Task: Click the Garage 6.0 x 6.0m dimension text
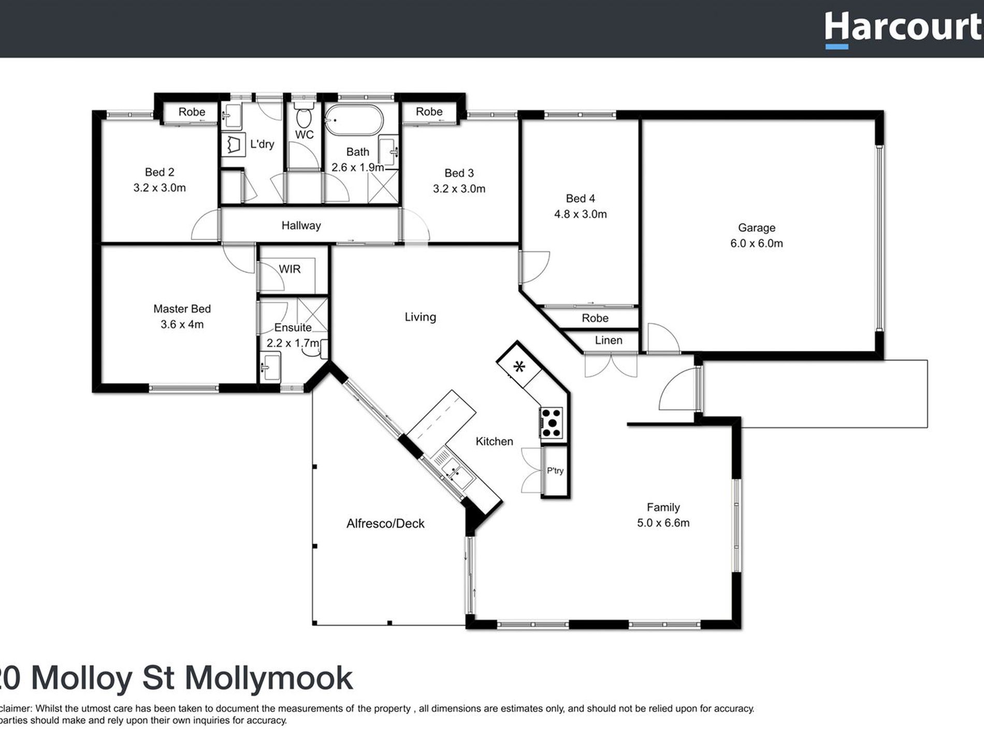756,243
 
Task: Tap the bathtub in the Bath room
354,120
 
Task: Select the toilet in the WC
303,118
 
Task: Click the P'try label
555,471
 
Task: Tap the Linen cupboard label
608,340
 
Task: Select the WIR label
290,269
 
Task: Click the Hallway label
301,225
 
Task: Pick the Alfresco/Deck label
385,524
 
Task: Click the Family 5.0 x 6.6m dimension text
663,523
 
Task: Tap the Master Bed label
182,309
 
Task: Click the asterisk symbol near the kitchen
519,367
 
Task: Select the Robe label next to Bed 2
192,112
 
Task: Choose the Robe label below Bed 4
595,318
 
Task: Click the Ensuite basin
270,367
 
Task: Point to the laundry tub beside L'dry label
234,144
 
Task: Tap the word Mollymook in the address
269,678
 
